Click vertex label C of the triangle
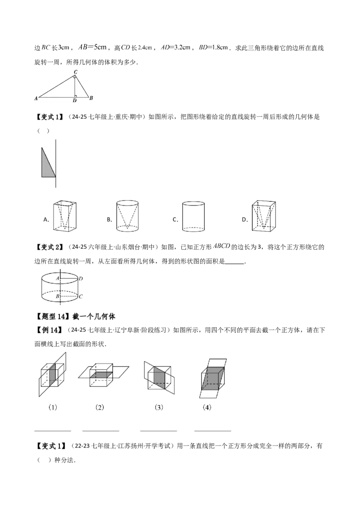(x=76, y=72)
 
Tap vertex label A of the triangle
(x=36, y=98)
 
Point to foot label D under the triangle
(x=75, y=101)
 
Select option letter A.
(x=46, y=219)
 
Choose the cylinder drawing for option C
(x=193, y=216)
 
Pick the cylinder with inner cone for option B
(x=127, y=216)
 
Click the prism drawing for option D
(x=264, y=216)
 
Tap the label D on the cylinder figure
(x=81, y=278)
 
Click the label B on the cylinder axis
(x=58, y=296)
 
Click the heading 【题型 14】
(x=52, y=317)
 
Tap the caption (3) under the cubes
(x=158, y=407)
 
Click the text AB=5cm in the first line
(x=93, y=47)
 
